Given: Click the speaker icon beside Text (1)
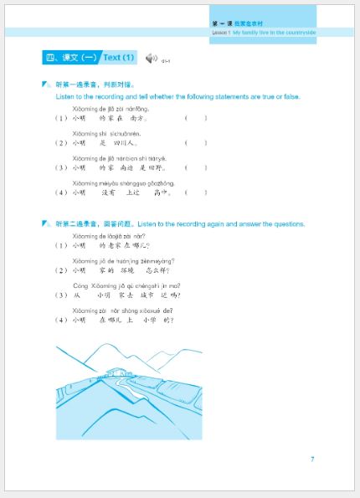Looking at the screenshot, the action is click(x=151, y=58).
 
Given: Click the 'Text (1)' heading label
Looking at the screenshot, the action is click(x=118, y=58).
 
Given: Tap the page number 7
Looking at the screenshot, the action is click(x=312, y=459).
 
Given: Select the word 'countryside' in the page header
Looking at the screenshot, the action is click(x=298, y=31).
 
